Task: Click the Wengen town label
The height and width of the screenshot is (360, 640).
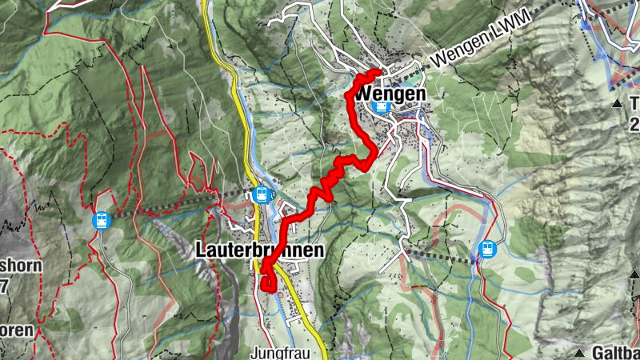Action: (388, 94)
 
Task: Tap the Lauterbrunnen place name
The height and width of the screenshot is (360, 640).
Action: (260, 250)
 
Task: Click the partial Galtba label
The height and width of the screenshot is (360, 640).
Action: (615, 352)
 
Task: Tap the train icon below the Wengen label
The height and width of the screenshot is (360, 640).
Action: (382, 107)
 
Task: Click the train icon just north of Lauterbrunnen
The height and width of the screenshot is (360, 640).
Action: (260, 194)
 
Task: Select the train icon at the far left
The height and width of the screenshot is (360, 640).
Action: (102, 219)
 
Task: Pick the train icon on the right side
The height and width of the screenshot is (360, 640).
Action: (486, 250)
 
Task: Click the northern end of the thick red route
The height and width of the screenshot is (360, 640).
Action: (377, 73)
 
